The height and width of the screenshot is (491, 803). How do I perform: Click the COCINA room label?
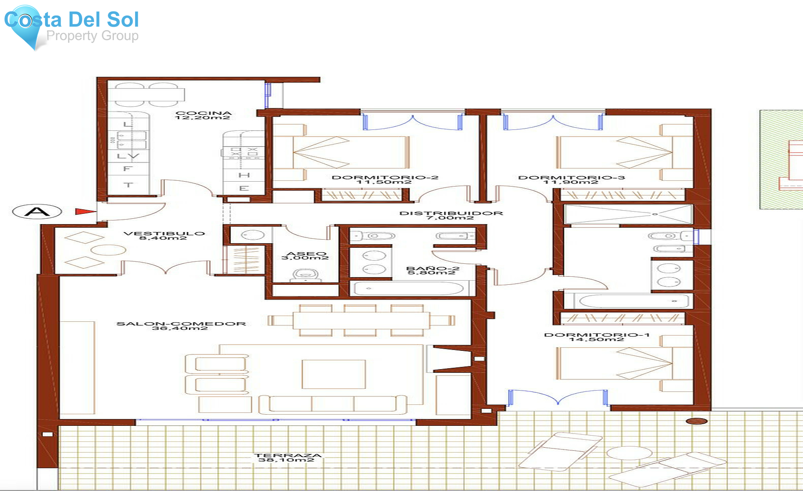coord(203,115)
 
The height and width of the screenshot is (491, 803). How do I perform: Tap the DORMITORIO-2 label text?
coord(385,179)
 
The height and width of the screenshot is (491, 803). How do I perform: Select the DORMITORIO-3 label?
coord(571,179)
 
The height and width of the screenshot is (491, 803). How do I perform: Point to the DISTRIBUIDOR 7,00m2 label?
coord(451,215)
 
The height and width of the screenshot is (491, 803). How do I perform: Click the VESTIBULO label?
coord(164,235)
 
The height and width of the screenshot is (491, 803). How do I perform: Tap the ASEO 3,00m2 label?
coord(306,255)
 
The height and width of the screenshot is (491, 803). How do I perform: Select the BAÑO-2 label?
coord(432,270)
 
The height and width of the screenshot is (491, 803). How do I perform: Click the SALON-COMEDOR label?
coord(181,326)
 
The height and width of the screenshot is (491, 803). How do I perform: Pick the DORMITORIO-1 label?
coord(596,337)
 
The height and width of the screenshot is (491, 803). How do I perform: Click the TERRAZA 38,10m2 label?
coord(287,458)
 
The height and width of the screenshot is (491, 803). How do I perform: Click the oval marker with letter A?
coord(37,211)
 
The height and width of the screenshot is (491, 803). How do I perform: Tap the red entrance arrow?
coord(85,212)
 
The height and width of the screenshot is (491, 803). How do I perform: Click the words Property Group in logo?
coord(92,36)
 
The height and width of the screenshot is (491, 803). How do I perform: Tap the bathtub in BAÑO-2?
coord(408,288)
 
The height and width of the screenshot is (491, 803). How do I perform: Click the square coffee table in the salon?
coord(333,374)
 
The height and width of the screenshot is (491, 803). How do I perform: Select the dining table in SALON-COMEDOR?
coord(361,320)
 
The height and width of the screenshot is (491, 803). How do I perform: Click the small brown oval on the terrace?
coord(696,421)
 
